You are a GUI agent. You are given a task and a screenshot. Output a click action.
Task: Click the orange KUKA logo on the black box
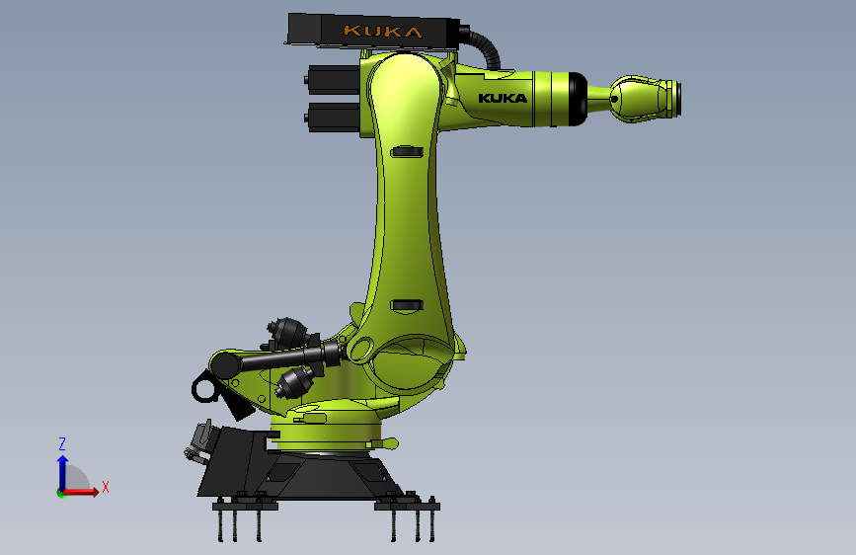[381, 32]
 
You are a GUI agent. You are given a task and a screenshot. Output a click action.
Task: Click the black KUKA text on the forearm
[503, 98]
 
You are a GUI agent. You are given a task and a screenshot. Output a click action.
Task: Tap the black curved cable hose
[486, 46]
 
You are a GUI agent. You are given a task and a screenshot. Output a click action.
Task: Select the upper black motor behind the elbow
[333, 78]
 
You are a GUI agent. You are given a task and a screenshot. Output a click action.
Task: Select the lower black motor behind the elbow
[333, 117]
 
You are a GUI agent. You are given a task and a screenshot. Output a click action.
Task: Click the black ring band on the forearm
[576, 99]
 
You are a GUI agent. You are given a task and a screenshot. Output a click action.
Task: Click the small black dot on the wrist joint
[616, 98]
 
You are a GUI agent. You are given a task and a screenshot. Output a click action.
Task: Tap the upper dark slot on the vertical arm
[406, 152]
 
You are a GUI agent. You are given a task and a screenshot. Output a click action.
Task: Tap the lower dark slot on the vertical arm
[406, 305]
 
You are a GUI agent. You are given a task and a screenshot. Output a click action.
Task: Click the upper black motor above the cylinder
[285, 331]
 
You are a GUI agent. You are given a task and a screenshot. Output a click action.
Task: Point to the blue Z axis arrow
[62, 469]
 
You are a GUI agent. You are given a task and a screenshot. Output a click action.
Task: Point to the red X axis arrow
[84, 491]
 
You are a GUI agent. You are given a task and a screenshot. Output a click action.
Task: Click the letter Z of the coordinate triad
[61, 443]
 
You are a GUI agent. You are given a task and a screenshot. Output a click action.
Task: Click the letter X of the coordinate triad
[106, 487]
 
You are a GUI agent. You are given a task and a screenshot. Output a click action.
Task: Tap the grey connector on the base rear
[199, 440]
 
